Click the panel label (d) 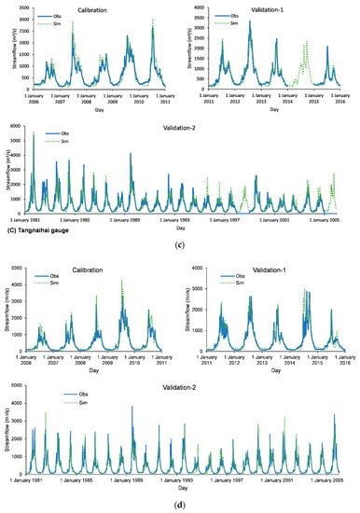point(177,504)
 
